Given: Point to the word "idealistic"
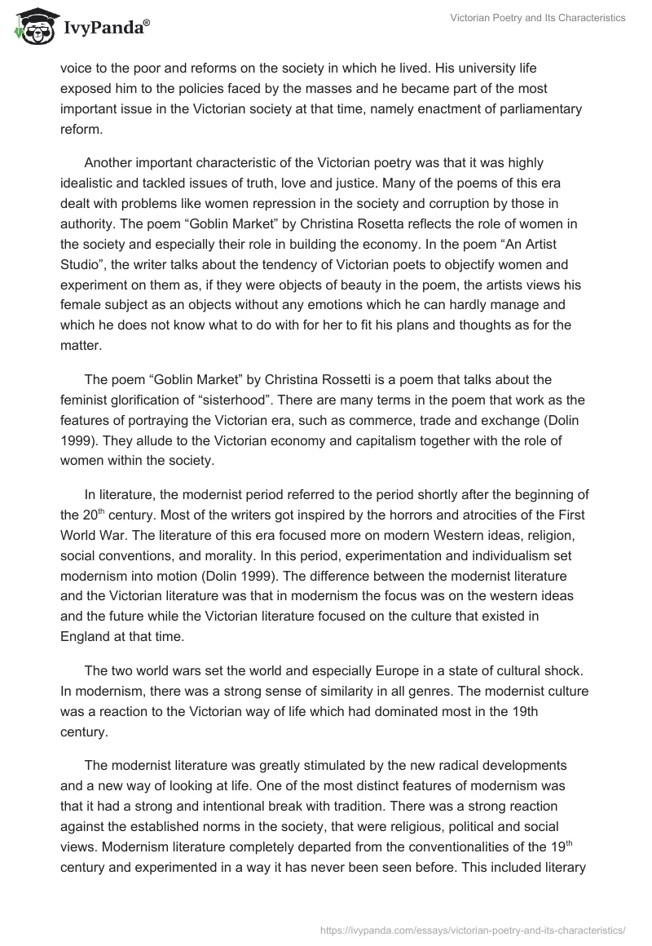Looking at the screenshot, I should pyautogui.click(x=90, y=183).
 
